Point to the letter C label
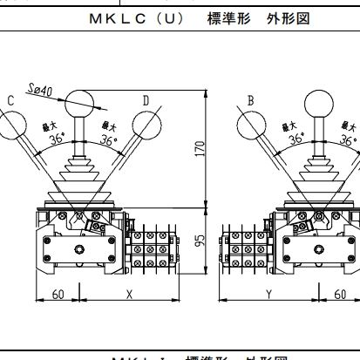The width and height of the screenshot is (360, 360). click(10, 101)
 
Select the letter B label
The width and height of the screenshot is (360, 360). click(250, 101)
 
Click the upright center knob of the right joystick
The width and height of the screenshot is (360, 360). click(320, 100)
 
